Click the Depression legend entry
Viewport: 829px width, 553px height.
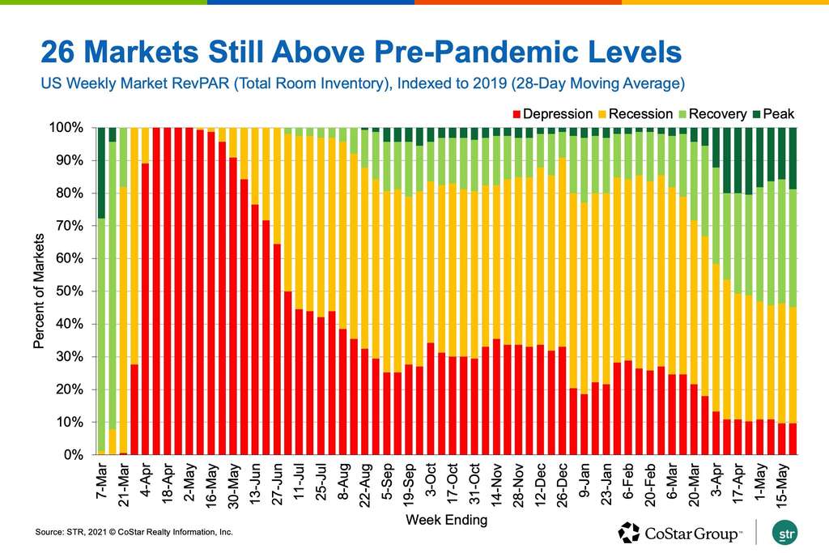coord(558,114)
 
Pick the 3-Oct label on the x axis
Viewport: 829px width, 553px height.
coord(430,484)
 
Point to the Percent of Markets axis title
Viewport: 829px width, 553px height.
coord(38,291)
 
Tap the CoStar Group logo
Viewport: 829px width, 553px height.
coord(680,533)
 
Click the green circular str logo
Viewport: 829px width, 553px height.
coord(783,534)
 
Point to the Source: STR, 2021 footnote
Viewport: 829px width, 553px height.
coord(134,532)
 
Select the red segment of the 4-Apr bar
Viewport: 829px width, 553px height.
coord(146,308)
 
